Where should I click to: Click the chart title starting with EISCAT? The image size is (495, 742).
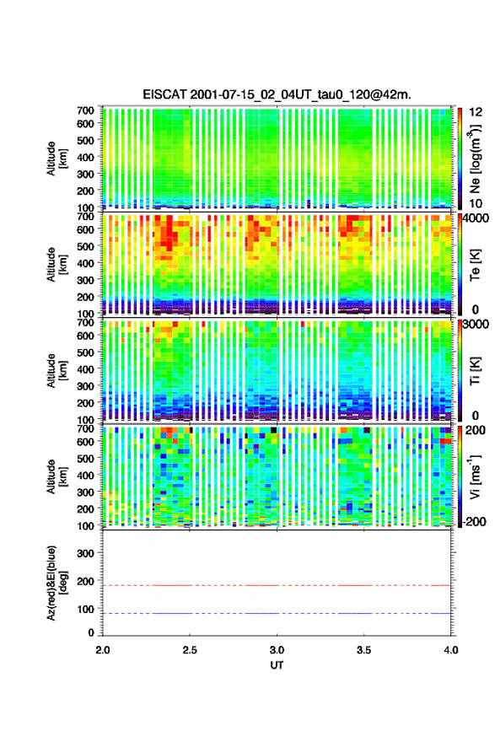(277, 94)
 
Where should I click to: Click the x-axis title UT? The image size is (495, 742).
(277, 665)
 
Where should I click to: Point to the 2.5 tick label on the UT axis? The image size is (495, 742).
(190, 650)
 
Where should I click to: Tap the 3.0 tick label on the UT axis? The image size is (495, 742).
(277, 650)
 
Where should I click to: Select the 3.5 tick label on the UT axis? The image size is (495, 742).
(364, 650)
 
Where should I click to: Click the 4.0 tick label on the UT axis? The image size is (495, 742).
(451, 650)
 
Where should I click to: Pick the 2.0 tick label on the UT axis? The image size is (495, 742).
(103, 650)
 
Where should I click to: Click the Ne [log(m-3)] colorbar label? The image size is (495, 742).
(475, 159)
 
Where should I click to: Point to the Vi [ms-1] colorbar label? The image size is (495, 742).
(475, 476)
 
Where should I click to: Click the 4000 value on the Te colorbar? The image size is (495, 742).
(476, 218)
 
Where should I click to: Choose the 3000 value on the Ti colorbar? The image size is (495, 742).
(476, 324)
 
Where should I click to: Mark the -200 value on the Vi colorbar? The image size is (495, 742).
(472, 521)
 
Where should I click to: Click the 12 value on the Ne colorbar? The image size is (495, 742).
(476, 112)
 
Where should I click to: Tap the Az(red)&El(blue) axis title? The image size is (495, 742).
(56, 583)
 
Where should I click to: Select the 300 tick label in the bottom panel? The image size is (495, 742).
(86, 553)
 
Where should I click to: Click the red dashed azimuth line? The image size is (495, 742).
(277, 585)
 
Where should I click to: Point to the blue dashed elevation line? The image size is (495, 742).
(277, 613)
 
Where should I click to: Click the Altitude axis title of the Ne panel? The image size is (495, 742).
(56, 159)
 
